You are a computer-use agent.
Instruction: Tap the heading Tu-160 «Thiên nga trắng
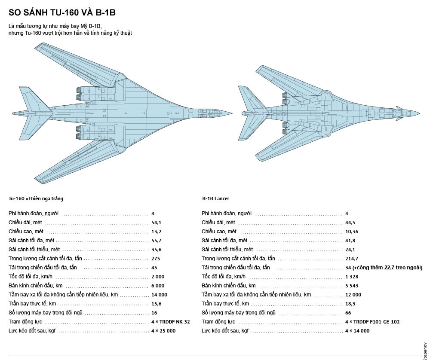coord(36,198)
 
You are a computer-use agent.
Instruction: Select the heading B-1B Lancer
coord(215,198)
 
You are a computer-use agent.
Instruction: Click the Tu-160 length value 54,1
coord(156,223)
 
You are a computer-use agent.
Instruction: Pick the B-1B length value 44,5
coord(350,223)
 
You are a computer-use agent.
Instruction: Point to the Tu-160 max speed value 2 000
coord(158,277)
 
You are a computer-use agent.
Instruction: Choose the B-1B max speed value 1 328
coord(352,277)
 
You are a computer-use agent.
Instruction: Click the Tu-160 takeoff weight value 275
coord(155,259)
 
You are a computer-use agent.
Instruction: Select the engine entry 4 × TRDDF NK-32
coord(170,322)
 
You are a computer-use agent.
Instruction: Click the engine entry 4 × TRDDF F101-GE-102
coord(372,322)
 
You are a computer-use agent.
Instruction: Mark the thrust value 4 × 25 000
coord(163,331)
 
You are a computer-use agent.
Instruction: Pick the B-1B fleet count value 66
coord(348,313)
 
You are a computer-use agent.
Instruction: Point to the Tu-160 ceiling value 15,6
coord(156,304)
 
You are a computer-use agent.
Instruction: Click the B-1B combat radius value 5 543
coord(352,286)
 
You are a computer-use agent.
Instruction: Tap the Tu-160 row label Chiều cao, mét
coord(26,232)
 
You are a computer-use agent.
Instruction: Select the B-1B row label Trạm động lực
coord(218,322)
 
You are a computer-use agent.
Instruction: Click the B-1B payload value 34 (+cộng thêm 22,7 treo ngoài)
coord(384,268)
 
